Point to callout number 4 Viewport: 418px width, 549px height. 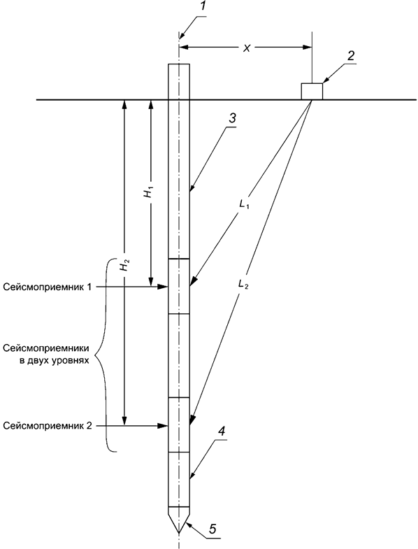click(221, 432)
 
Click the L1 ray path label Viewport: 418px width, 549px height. click(244, 205)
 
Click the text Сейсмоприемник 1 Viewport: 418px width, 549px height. click(47, 287)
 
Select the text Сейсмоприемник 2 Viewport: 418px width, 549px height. click(47, 425)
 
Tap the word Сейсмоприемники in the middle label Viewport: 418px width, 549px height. click(45, 348)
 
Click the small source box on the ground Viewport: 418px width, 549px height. click(312, 91)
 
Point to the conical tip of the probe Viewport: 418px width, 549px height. click(180, 521)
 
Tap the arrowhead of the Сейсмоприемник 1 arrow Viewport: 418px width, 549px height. click(166, 287)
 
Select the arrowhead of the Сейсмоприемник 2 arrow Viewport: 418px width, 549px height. click(166, 425)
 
